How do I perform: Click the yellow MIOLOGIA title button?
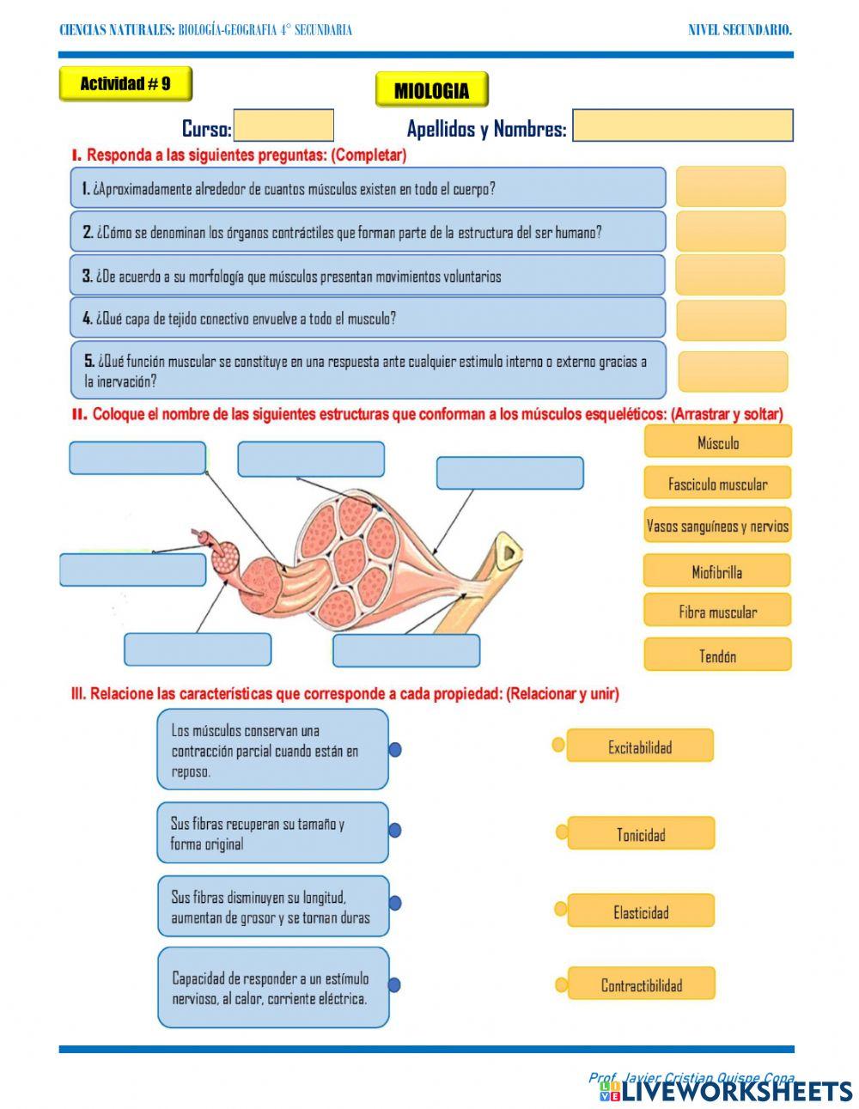pyautogui.click(x=431, y=90)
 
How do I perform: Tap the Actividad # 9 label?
pyautogui.click(x=125, y=84)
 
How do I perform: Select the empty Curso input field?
pyautogui.click(x=283, y=126)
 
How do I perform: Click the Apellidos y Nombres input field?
pyautogui.click(x=682, y=125)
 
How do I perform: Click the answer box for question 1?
pyautogui.click(x=730, y=186)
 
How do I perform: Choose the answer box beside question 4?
pyautogui.click(x=730, y=320)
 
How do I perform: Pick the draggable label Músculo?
pyautogui.click(x=717, y=442)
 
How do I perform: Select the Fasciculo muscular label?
pyautogui.click(x=717, y=484)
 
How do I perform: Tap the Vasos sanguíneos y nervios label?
pyautogui.click(x=717, y=526)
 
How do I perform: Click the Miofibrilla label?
pyautogui.click(x=717, y=571)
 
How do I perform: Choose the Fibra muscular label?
pyautogui.click(x=717, y=612)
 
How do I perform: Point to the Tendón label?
pyautogui.click(x=717, y=655)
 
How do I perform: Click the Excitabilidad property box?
pyautogui.click(x=640, y=746)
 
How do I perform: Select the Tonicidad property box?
pyautogui.click(x=641, y=834)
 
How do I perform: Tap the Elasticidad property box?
pyautogui.click(x=641, y=911)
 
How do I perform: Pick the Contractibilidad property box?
pyautogui.click(x=641, y=984)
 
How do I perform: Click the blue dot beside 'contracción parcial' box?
pyautogui.click(x=395, y=750)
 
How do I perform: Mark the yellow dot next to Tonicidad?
pyautogui.click(x=562, y=832)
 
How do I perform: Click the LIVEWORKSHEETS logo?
pyautogui.click(x=726, y=1090)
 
